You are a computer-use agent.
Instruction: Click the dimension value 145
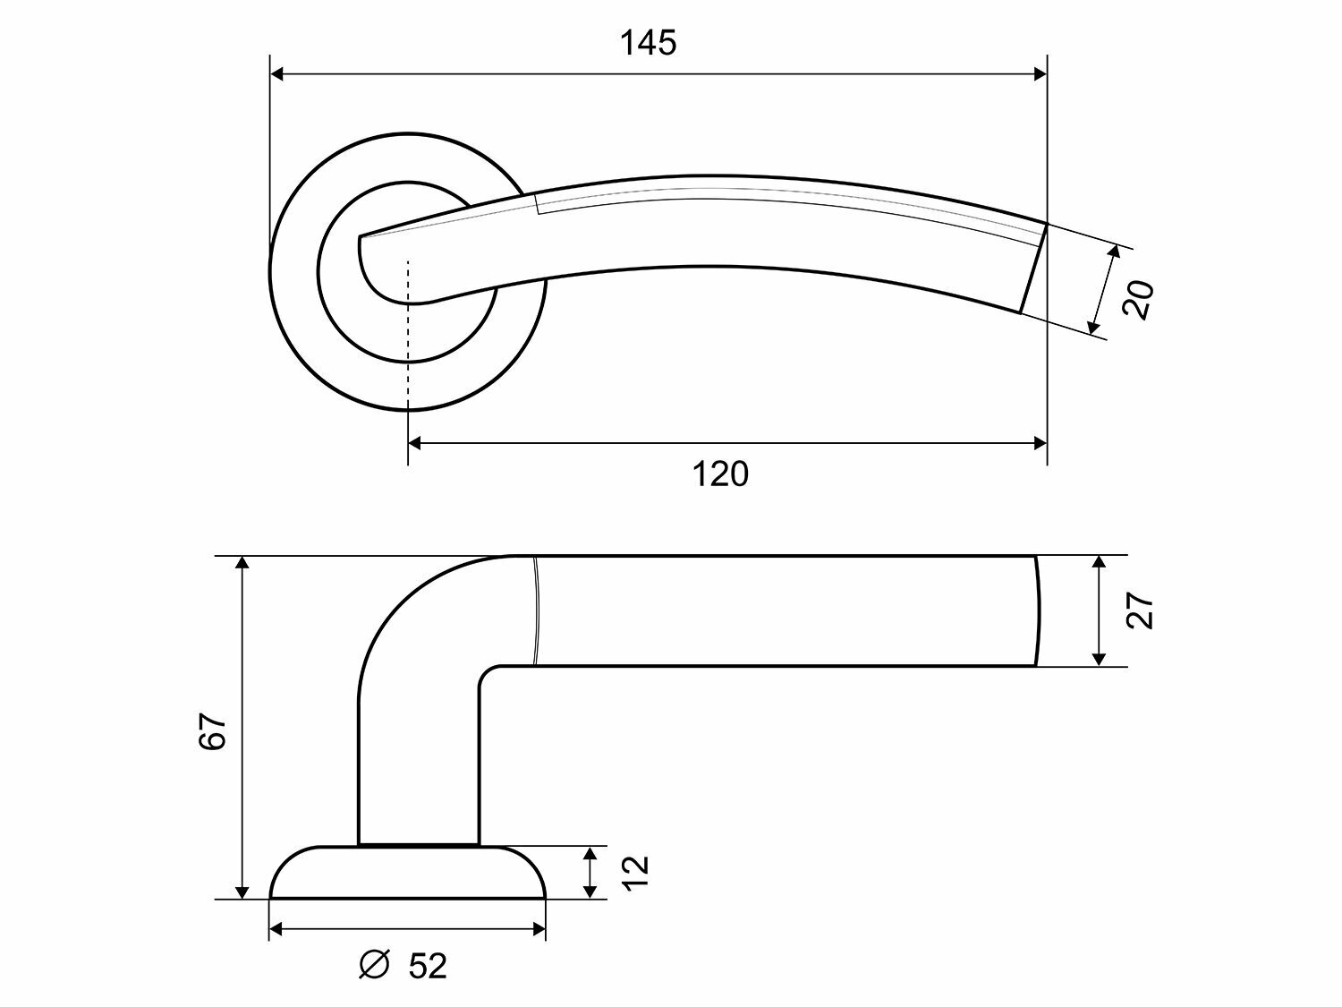point(649,42)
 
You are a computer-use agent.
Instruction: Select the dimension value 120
point(720,474)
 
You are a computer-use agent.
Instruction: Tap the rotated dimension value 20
point(1138,300)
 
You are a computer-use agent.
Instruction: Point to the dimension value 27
point(1141,610)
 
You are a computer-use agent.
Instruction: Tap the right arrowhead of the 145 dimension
point(1040,74)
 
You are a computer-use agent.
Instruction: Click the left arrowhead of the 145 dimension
point(277,74)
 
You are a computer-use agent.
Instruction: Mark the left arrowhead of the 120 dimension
point(415,442)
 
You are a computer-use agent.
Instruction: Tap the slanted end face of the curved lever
point(1033,268)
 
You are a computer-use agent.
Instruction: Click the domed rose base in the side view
point(407,873)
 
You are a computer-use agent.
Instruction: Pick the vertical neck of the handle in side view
point(418,761)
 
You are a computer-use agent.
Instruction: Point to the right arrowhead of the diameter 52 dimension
point(539,930)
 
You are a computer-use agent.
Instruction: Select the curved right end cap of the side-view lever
point(1038,610)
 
